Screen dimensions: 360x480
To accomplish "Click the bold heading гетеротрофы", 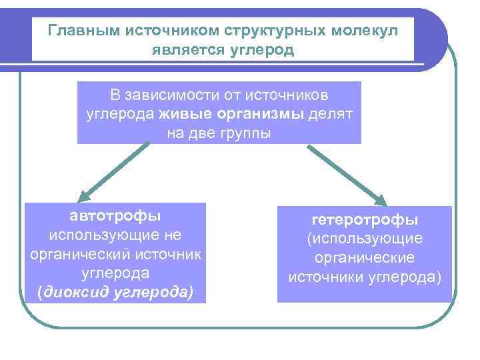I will point(364,219).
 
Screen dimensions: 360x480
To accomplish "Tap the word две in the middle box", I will point(198,132).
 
